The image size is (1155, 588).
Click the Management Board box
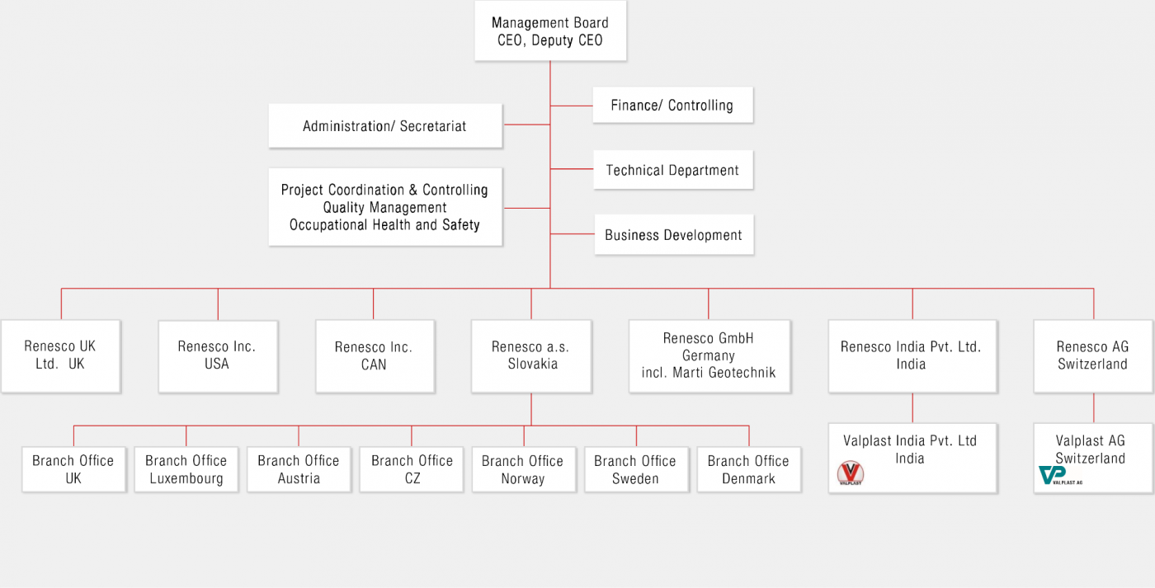550,31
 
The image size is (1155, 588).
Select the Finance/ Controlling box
672,105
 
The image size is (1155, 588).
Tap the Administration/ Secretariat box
384,126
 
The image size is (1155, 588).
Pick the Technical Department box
672,170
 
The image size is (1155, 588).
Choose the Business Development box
673,235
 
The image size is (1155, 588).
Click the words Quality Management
384,208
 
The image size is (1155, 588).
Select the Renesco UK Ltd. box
60,355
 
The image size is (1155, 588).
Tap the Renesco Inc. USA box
217,355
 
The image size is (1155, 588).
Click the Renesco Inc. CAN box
374,355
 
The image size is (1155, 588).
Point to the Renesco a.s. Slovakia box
531,355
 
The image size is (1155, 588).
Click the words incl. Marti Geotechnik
708,373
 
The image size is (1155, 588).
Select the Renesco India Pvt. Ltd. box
912,355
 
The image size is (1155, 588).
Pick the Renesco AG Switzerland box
1092,355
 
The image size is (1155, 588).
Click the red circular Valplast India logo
850,473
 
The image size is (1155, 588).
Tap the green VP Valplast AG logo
1053,476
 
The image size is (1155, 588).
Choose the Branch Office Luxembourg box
186,469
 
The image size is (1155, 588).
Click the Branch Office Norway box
523,469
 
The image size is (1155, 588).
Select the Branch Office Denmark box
748,469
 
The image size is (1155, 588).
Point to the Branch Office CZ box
412,469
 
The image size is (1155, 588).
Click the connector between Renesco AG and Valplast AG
1094,408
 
